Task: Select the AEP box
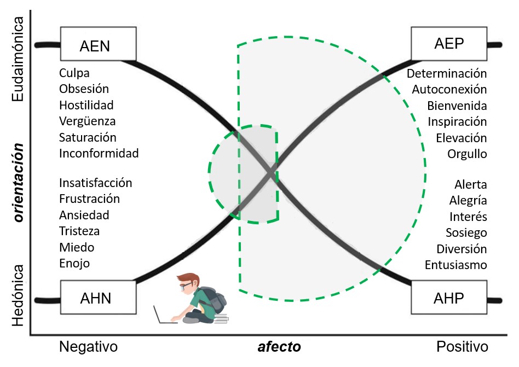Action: [x=447, y=44]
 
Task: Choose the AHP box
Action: [x=447, y=298]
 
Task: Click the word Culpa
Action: [x=74, y=73]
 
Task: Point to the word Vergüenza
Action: [x=88, y=121]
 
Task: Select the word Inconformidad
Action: [x=99, y=153]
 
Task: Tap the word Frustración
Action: [x=89, y=199]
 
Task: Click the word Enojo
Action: [x=74, y=263]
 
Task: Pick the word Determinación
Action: [x=447, y=73]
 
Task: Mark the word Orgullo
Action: [x=467, y=154]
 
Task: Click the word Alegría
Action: [x=468, y=200]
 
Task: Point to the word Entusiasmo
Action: [x=455, y=265]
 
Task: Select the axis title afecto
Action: [x=279, y=347]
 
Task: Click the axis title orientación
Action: [x=19, y=183]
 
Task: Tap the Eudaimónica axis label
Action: [x=19, y=59]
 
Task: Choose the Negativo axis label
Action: [x=88, y=347]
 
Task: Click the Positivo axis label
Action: [x=462, y=347]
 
